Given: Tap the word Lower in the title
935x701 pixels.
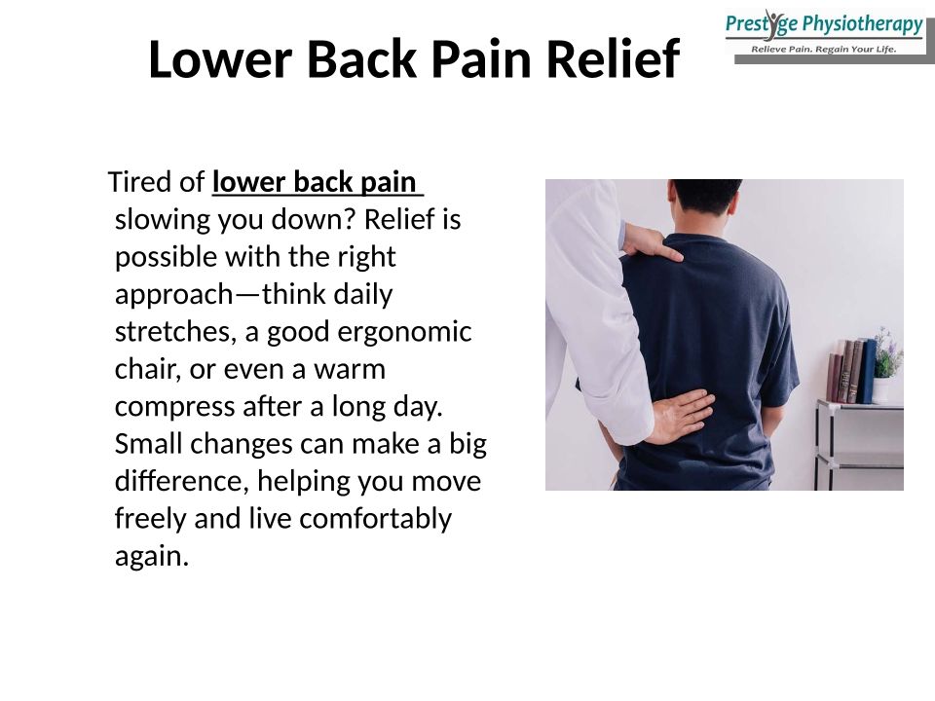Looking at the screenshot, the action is click(220, 58).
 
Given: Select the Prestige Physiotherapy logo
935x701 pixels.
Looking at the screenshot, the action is click(825, 34).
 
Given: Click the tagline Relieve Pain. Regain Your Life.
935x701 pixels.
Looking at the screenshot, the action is click(824, 49).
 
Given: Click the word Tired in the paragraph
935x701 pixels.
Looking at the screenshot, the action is click(139, 182).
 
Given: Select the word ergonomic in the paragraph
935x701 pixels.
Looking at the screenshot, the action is click(404, 333).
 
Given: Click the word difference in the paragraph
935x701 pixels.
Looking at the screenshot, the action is click(182, 481).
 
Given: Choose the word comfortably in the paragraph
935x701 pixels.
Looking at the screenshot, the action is click(375, 519).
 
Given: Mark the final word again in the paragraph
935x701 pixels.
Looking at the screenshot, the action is click(152, 557).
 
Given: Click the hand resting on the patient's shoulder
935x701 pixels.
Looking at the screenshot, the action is click(652, 243).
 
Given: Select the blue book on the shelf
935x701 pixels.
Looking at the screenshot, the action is click(867, 371).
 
